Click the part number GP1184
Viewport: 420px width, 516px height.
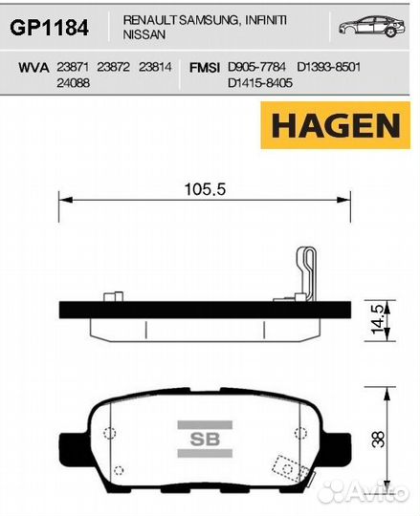tap(50, 28)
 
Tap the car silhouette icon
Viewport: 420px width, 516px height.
tap(372, 26)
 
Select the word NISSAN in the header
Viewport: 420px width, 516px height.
tap(144, 34)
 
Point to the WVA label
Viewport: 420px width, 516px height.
tap(33, 68)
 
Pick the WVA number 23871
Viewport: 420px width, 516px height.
tap(73, 67)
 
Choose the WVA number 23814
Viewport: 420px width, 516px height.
tap(155, 67)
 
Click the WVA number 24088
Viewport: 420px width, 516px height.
tap(73, 83)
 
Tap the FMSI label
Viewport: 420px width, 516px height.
tap(205, 68)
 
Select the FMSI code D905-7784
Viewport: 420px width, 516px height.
tap(256, 67)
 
